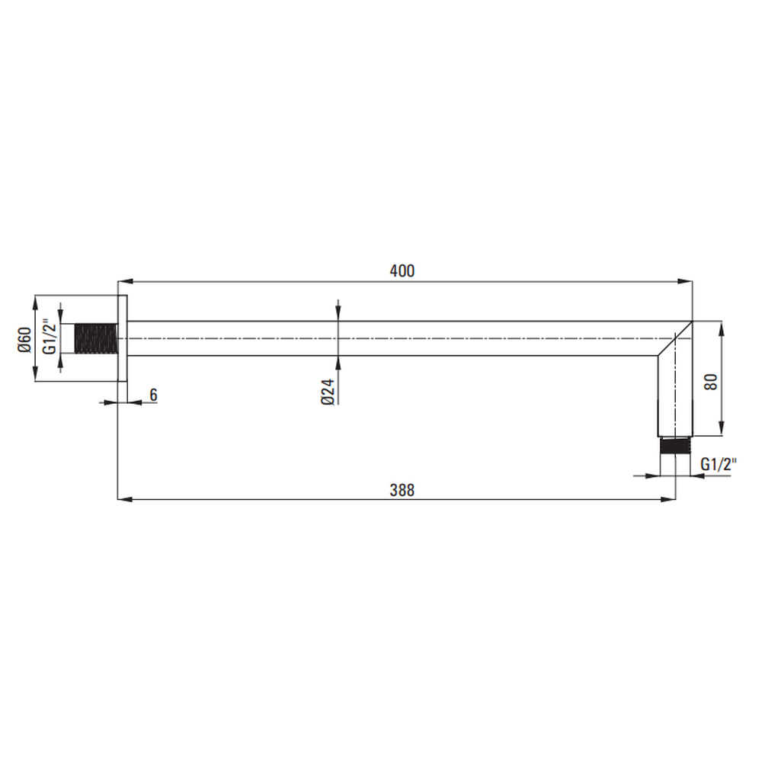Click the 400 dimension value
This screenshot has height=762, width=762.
coord(402,271)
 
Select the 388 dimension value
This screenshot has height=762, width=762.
coord(402,490)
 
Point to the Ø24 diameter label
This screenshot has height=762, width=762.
coord(328,392)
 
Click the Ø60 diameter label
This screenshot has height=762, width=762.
coord(24,340)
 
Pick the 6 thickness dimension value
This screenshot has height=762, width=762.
coord(154,395)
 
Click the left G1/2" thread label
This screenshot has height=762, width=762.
coord(49,336)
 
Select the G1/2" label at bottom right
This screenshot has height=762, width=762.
coord(719,465)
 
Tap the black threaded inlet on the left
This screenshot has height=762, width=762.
coord(96,338)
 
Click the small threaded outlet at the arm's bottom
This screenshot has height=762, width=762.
coord(675,446)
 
